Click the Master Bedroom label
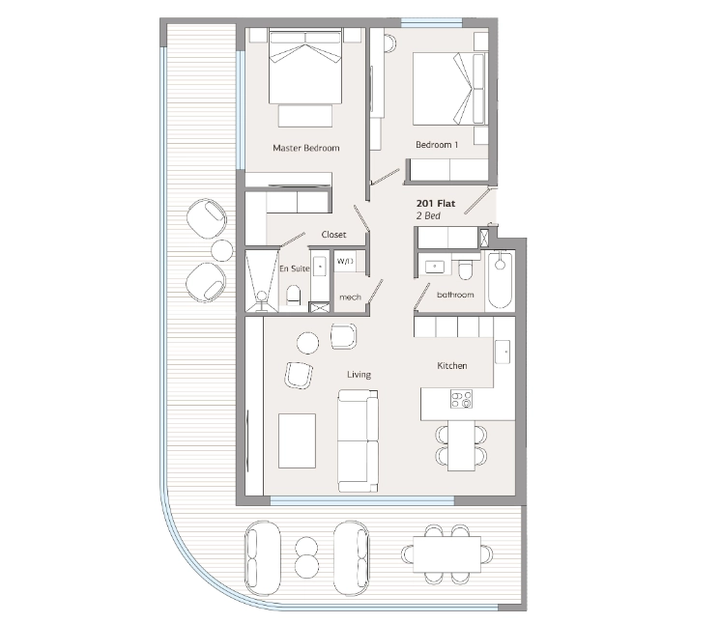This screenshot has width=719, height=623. tap(305, 148)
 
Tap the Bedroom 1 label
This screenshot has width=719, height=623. tap(437, 145)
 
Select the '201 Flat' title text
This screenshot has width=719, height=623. tap(436, 204)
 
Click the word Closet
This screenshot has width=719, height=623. tap(333, 235)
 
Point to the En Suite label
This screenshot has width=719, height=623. tap(295, 269)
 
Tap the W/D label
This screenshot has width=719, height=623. tap(345, 262)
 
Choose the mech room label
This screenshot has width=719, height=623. tap(351, 297)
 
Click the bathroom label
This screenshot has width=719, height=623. tap(455, 295)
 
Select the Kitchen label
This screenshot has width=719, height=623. tap(452, 366)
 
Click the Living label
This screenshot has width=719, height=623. tap(359, 375)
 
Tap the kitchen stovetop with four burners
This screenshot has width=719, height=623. tap(461, 398)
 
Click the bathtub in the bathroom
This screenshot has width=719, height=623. tap(500, 280)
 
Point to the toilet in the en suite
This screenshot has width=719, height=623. tap(294, 296)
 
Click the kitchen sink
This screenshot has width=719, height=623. tap(503, 353)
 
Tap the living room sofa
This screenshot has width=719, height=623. tap(359, 441)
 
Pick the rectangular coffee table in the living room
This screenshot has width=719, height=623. tap(297, 441)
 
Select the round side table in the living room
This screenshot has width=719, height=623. tap(307, 343)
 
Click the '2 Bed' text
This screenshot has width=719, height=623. tap(428, 216)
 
